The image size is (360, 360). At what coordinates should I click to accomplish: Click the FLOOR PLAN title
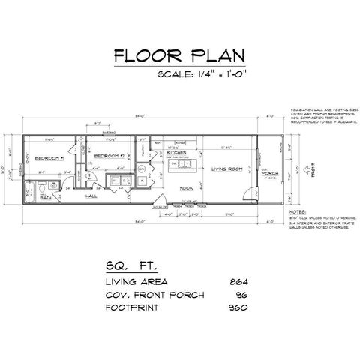click(x=178, y=57)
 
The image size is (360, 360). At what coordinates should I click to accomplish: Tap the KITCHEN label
click(x=177, y=151)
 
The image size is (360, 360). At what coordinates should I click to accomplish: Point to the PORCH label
click(x=269, y=173)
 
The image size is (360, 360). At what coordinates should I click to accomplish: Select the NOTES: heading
click(x=297, y=213)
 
